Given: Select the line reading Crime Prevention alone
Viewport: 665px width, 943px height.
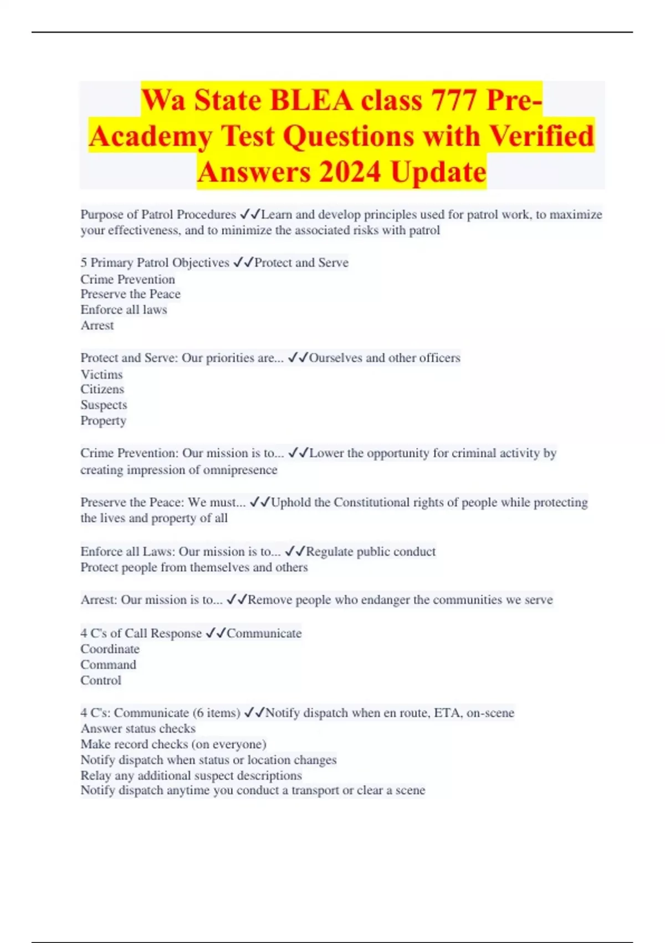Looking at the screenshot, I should click(127, 279).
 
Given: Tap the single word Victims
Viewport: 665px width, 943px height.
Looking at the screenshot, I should click(101, 374).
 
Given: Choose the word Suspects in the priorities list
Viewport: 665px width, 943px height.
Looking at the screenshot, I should click(104, 405).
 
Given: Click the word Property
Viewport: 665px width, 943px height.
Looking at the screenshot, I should click(103, 420).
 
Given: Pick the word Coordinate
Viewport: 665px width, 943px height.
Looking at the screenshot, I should click(110, 649).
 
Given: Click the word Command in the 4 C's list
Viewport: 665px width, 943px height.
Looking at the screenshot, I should click(108, 665).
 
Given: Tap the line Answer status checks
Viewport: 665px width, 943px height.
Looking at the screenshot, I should click(138, 728).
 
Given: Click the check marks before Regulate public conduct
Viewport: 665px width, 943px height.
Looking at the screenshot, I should click(295, 551).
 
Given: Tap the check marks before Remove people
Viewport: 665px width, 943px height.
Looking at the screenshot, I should click(237, 600).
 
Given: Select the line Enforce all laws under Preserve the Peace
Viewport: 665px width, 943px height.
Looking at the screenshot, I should click(124, 310).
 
